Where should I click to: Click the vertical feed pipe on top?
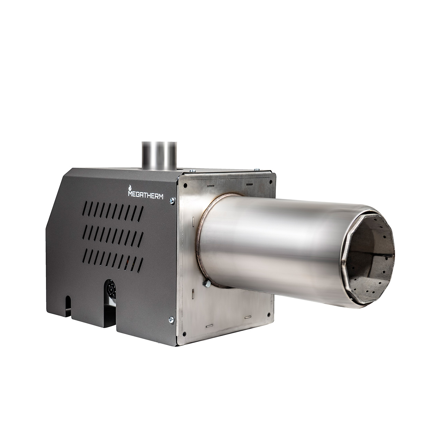point(160,156)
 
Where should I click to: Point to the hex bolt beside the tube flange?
point(207,284)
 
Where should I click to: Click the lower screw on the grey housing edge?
point(171,319)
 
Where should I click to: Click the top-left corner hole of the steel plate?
point(186,184)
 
